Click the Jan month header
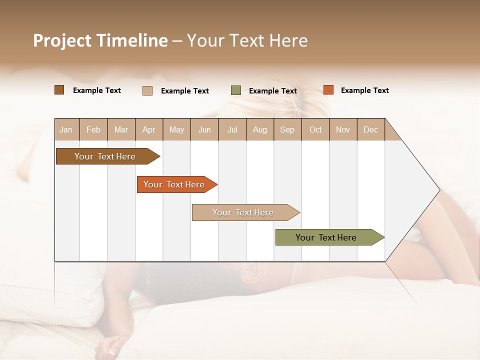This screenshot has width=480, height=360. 66,129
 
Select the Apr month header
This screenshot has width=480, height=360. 149,129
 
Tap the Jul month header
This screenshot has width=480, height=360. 232,129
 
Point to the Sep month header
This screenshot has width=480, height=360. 287,129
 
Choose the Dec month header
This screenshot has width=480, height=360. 371,129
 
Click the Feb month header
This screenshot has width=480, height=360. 93,129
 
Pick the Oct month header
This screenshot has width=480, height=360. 315,129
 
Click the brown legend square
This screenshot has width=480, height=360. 59,90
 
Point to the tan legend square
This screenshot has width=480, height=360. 147,90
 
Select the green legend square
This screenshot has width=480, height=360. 236,90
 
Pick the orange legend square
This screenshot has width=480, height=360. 328,90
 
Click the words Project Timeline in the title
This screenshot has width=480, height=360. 100,40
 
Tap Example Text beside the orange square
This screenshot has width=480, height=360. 364,90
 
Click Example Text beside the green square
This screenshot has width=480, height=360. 272,91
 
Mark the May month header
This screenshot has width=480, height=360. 176,129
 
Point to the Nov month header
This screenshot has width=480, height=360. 343,129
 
